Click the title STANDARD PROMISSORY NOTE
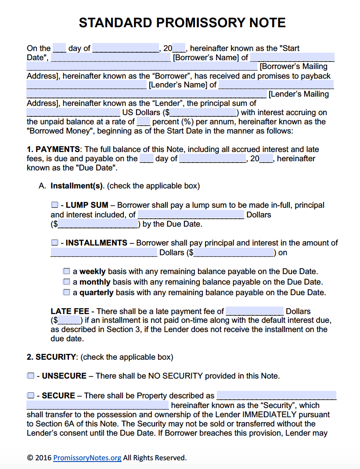coord(182,23)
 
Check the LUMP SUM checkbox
coord(54,205)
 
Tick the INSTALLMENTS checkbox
coord(54,243)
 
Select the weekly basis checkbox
coord(67,271)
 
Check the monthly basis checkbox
coord(67,281)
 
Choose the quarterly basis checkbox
coord(67,292)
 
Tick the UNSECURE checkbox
coord(30,376)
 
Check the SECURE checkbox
coord(30,396)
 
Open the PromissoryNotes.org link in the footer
coord(87,458)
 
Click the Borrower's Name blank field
coord(112,58)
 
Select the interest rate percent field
coord(144,122)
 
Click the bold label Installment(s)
coord(77,186)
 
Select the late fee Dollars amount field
coord(255,311)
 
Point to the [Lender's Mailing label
coord(299,94)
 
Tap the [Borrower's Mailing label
coord(294,67)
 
